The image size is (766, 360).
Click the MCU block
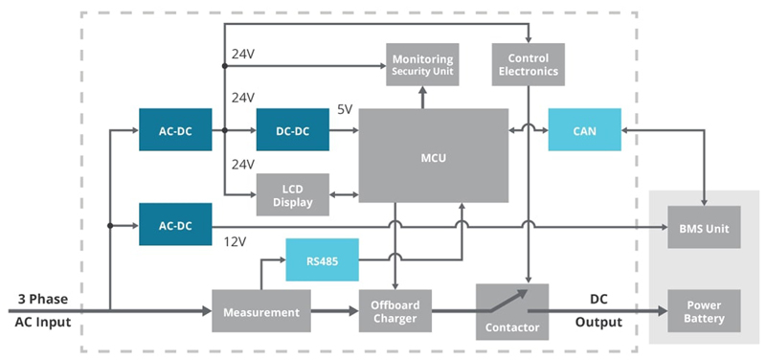pos(433,155)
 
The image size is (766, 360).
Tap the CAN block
pos(584,130)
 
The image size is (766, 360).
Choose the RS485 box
pos(322,259)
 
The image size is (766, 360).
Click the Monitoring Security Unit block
pos(422,64)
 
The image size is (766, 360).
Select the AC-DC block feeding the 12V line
pos(175,225)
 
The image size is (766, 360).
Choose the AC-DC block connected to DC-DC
pos(175,130)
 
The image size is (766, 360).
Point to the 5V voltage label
pos(344,110)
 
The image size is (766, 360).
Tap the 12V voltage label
pos(237,242)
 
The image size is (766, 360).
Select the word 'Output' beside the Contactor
pos(598,323)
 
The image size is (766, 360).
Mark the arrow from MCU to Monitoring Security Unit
pos(422,97)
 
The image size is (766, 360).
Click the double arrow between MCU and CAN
pos(528,130)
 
